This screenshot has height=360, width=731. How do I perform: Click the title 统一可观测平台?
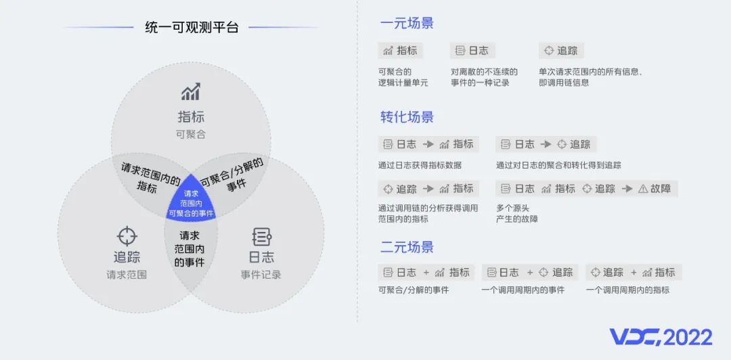pyautogui.click(x=192, y=28)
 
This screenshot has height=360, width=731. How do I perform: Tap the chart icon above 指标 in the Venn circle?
pyautogui.click(x=191, y=92)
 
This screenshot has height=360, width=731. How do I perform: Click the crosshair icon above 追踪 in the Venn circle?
pyautogui.click(x=127, y=236)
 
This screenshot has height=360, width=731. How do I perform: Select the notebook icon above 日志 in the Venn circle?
pyautogui.click(x=261, y=237)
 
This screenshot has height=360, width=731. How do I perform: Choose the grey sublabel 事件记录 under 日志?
pyautogui.click(x=261, y=275)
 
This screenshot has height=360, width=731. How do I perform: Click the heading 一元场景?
pyautogui.click(x=407, y=23)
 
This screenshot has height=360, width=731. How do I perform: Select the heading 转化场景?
pyautogui.click(x=407, y=116)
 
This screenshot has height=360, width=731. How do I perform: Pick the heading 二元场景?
pyautogui.click(x=407, y=247)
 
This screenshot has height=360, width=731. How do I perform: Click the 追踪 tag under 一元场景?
pyautogui.click(x=561, y=51)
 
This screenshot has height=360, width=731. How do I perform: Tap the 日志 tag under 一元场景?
pyautogui.click(x=472, y=51)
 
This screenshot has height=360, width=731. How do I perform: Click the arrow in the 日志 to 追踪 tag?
pyautogui.click(x=546, y=145)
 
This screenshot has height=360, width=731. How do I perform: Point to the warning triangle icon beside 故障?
pyautogui.click(x=643, y=189)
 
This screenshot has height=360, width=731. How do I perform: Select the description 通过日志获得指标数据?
pyautogui.click(x=420, y=165)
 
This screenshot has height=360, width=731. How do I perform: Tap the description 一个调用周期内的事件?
pyautogui.click(x=523, y=290)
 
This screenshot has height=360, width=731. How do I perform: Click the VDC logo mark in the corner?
pyautogui.click(x=636, y=337)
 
